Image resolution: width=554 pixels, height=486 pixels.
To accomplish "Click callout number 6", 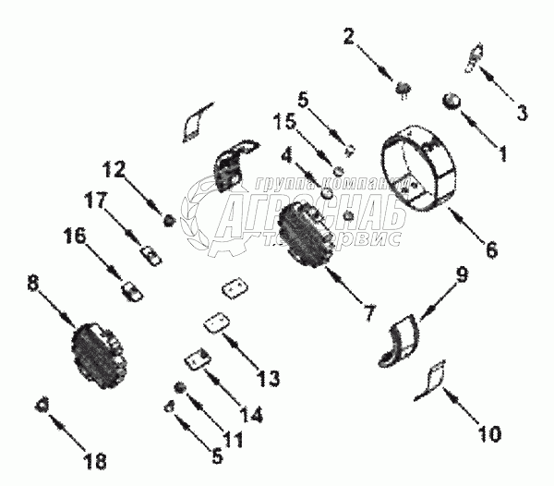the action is click(490, 249).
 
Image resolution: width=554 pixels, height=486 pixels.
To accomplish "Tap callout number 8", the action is click(34, 287).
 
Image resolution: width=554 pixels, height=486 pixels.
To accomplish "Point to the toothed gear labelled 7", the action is click(305, 233).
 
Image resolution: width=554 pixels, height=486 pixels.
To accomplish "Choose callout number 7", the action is click(368, 312).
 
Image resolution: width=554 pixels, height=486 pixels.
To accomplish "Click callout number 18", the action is click(95, 460).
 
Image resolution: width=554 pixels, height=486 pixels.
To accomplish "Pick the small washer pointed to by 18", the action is click(42, 404).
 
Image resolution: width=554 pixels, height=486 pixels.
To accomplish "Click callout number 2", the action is click(349, 38).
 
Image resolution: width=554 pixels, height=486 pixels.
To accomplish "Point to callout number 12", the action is click(114, 169).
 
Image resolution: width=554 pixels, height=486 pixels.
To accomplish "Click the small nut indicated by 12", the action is click(169, 220).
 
